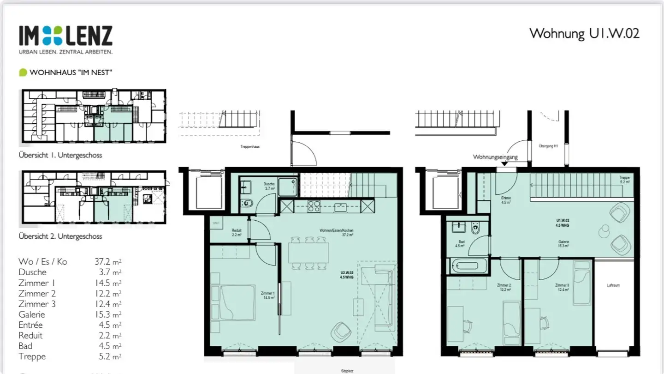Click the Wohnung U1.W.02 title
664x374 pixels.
(584, 33)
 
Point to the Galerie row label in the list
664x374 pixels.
(32, 314)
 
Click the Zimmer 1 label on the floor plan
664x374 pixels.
(267, 295)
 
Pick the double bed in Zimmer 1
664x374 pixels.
(237, 302)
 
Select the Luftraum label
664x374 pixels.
(613, 285)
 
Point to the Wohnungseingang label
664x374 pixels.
(495, 157)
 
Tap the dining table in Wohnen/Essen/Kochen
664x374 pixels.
(308, 253)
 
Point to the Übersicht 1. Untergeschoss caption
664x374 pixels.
(60, 155)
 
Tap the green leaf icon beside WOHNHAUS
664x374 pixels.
(23, 72)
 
